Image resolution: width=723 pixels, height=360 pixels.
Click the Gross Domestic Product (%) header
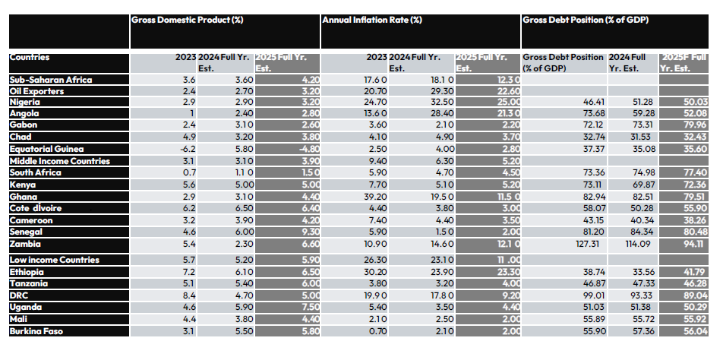[187, 21]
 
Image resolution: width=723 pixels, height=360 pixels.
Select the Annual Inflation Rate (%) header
[372, 21]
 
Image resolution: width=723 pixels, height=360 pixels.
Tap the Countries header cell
[29, 57]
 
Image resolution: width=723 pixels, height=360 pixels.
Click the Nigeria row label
[25, 102]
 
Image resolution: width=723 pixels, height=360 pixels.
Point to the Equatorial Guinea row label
[46, 149]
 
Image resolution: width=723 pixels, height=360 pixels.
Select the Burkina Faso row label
[36, 331]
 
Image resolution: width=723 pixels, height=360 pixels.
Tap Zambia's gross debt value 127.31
[589, 245]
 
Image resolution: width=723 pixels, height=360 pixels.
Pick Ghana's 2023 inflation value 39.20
[375, 197]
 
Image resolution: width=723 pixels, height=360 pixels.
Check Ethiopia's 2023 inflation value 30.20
[375, 272]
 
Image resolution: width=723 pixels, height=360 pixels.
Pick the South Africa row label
[34, 172]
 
